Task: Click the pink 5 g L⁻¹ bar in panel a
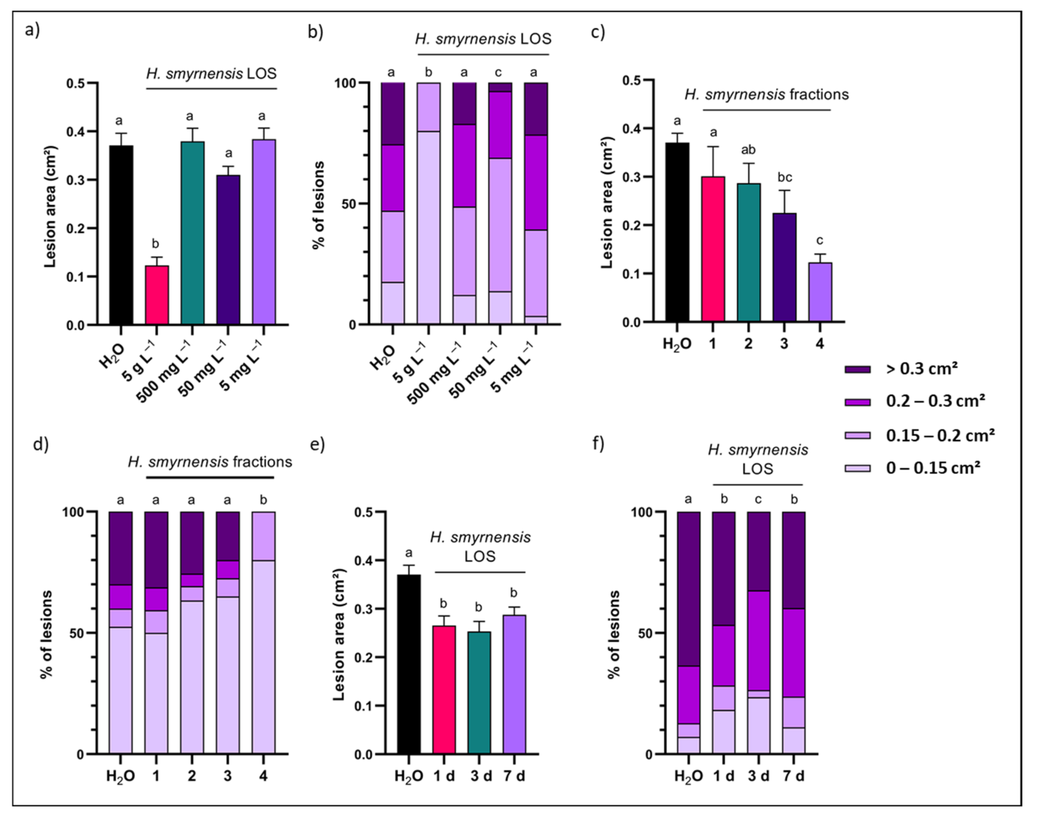click(x=157, y=295)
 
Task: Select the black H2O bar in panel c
click(x=677, y=232)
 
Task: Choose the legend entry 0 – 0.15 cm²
click(x=933, y=468)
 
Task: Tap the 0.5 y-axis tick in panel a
click(x=76, y=83)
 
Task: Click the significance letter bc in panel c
click(x=784, y=178)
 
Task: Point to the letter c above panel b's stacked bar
click(x=498, y=73)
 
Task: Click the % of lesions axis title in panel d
click(x=46, y=635)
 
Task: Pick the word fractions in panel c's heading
click(x=819, y=94)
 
